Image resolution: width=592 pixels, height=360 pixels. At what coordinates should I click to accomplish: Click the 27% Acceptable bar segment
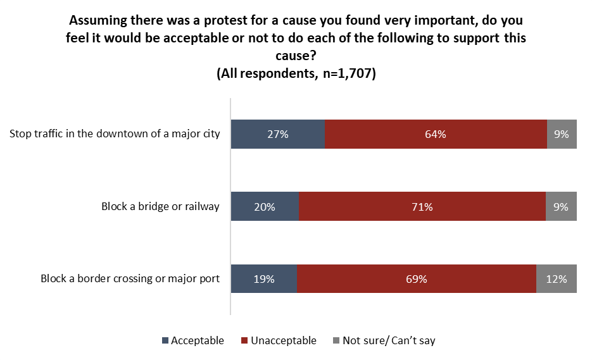278,134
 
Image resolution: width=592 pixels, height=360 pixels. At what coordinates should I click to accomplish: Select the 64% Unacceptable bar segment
436,134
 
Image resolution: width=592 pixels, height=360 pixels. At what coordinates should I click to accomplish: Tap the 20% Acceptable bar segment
265,206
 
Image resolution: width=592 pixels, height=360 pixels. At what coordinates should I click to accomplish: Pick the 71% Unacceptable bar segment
422,206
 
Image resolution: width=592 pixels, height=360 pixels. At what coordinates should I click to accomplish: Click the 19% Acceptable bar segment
264,278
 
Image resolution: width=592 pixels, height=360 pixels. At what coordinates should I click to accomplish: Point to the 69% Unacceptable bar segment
417,278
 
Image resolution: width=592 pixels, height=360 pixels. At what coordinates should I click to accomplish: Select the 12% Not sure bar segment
557,278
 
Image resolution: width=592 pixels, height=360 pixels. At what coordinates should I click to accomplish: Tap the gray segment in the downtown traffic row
562,134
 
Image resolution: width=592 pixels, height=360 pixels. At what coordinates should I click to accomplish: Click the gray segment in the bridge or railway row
561,206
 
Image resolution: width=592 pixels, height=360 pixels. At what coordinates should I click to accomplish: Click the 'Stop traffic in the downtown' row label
115,134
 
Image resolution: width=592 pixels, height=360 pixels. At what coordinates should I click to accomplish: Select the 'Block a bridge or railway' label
160,206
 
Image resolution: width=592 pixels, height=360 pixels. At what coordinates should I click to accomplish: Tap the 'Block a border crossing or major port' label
130,278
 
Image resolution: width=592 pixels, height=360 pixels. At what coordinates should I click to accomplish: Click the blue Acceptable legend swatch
166,341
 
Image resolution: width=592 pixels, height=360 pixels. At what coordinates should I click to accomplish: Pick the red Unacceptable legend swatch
244,341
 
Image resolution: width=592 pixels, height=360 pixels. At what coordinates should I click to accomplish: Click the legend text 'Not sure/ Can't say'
389,341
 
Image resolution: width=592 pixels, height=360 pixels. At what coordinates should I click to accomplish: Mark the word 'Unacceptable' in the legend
283,341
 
